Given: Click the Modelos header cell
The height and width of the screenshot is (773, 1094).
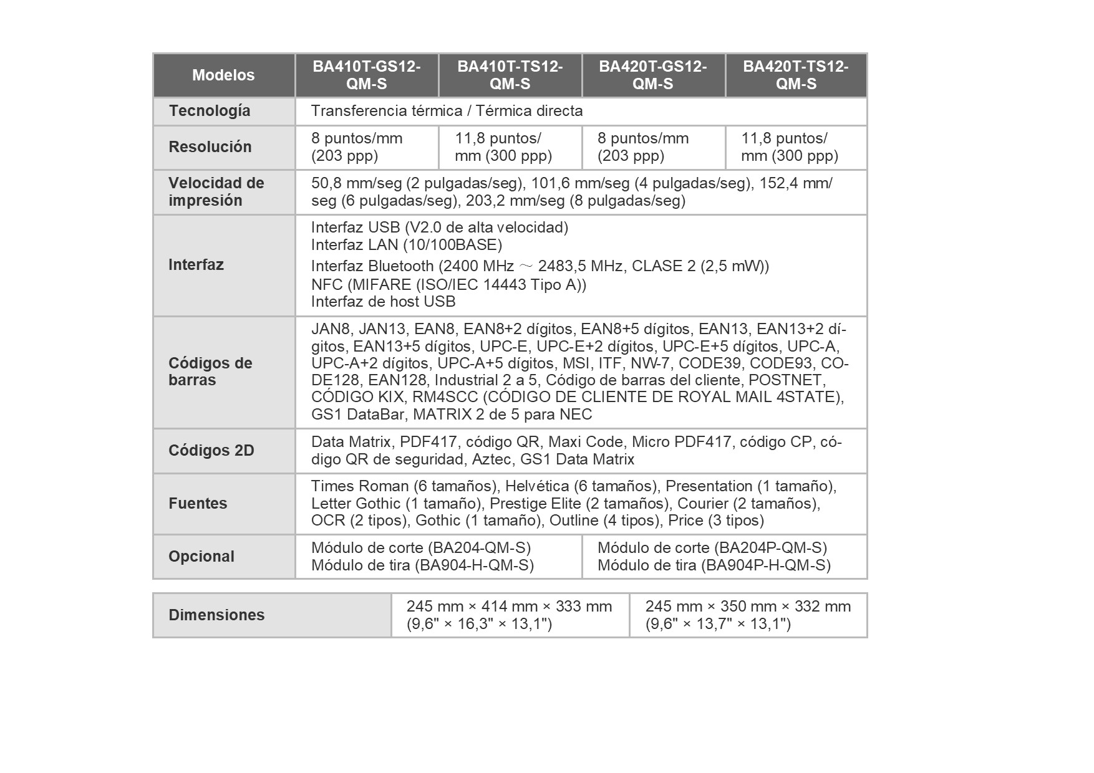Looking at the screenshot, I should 223,75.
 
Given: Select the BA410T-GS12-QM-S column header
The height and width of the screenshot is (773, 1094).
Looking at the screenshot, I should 367,75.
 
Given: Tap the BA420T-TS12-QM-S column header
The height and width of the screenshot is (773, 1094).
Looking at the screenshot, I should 796,75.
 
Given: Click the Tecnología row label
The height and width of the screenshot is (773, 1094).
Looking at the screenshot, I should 210,111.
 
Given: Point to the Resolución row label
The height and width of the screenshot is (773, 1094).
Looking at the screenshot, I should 210,147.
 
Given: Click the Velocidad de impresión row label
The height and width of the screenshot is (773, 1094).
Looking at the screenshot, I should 216,192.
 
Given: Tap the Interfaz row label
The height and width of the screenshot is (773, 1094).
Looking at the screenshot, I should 196,265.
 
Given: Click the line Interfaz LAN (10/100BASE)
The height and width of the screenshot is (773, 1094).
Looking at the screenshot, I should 407,245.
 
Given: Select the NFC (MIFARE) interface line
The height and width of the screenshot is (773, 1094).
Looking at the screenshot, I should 448,285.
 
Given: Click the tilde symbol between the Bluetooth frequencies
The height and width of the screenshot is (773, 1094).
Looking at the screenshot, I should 526,267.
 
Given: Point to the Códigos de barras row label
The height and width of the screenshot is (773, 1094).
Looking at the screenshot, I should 210,372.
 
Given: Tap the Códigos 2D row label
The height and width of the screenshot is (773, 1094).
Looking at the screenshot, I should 211,451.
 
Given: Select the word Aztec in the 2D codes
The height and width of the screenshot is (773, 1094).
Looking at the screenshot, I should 491,460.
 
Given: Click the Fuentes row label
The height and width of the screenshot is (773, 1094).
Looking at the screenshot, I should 198,504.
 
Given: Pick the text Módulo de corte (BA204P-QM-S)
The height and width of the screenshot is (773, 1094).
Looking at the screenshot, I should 712,548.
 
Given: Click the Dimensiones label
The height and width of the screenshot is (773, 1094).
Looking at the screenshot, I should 216,615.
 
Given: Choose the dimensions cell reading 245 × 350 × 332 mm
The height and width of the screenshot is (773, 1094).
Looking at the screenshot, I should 748,615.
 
